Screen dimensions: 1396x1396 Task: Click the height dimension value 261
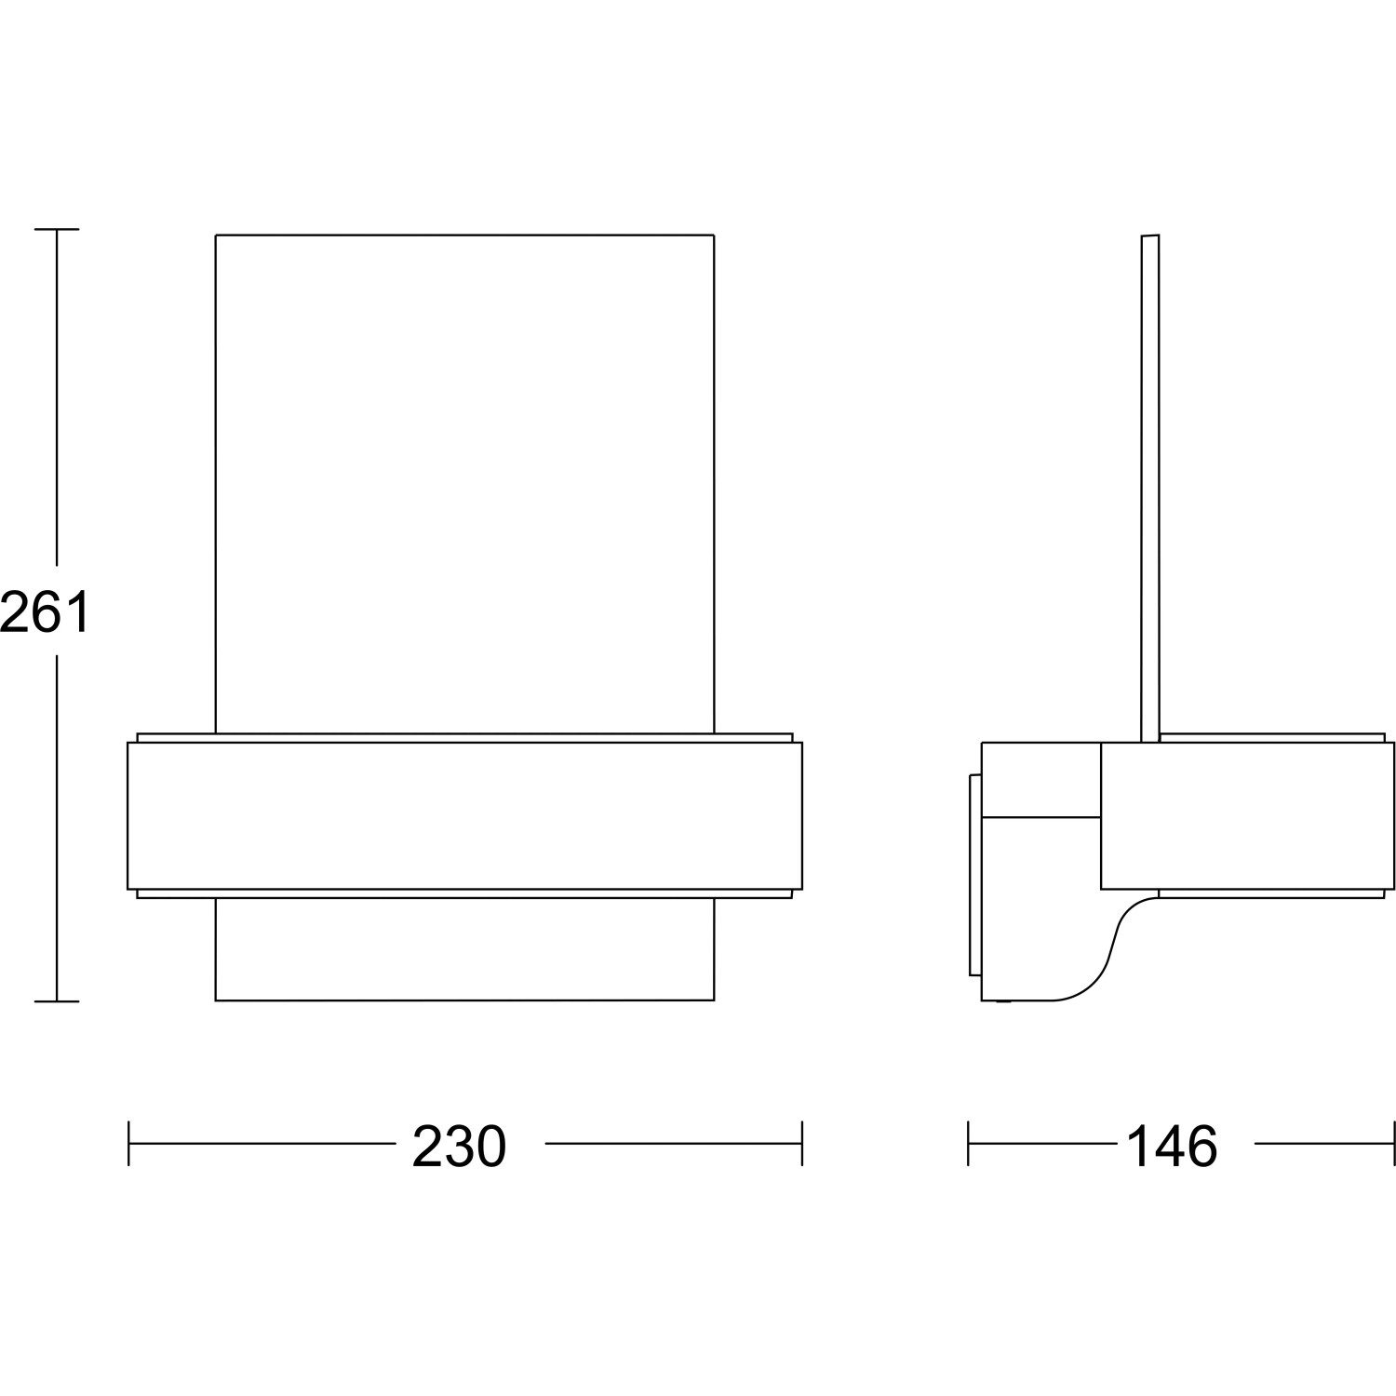tap(44, 612)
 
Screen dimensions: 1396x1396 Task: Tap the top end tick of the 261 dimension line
tap(57, 229)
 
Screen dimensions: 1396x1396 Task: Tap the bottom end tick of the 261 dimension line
tap(57, 1001)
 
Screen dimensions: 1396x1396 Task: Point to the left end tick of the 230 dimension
tap(128, 1143)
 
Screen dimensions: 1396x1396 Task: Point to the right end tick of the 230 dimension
tap(801, 1143)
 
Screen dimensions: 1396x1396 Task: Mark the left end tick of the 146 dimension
tap(969, 1143)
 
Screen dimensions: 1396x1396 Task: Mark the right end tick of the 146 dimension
tap(1394, 1143)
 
